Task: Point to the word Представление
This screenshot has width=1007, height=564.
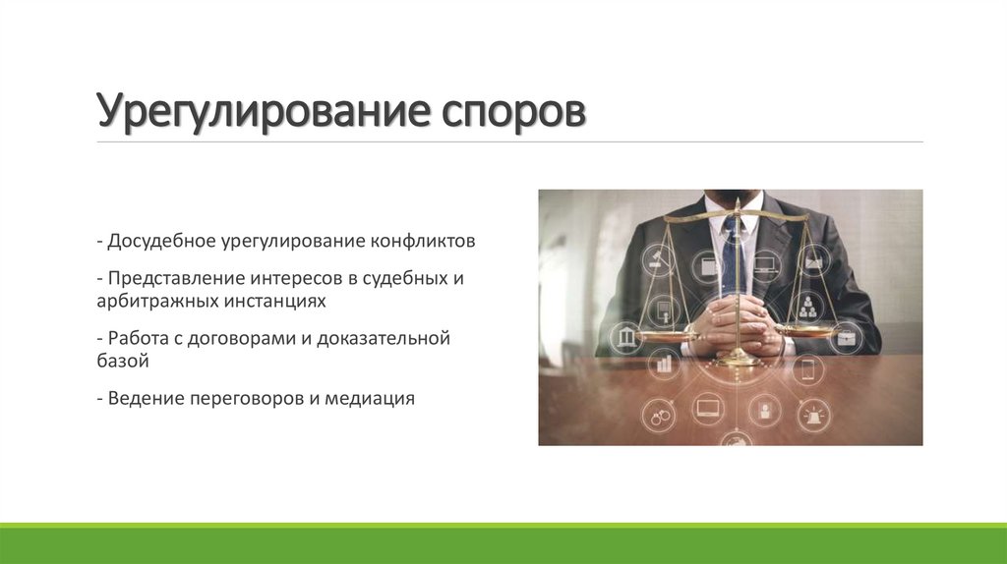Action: (175, 278)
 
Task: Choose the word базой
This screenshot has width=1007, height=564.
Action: (122, 361)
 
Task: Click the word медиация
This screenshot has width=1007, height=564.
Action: (373, 399)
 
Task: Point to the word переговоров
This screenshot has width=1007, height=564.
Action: (246, 399)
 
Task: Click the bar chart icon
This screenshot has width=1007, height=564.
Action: (664, 366)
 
